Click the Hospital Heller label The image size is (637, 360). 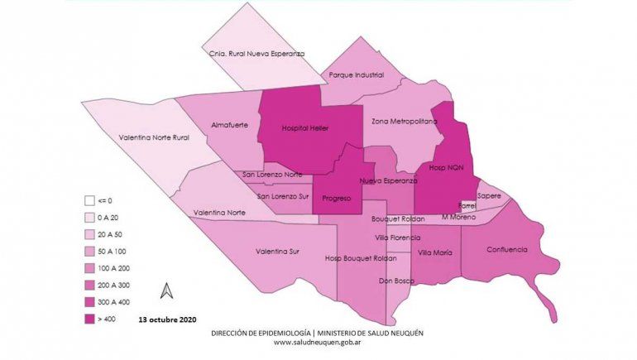coord(305,129)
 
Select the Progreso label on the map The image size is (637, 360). coord(337,198)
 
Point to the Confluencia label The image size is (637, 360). coord(506,249)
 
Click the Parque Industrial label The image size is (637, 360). coord(356,74)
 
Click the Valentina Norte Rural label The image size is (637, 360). coord(160,137)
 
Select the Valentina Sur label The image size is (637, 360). coord(282,250)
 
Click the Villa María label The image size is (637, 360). coord(434,252)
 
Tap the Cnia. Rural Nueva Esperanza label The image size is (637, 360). coord(256,54)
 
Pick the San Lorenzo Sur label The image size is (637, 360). coord(283,196)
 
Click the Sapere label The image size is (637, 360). coord(489,197)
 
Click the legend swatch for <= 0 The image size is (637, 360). coord(89,200)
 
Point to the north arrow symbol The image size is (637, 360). coord(166,290)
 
